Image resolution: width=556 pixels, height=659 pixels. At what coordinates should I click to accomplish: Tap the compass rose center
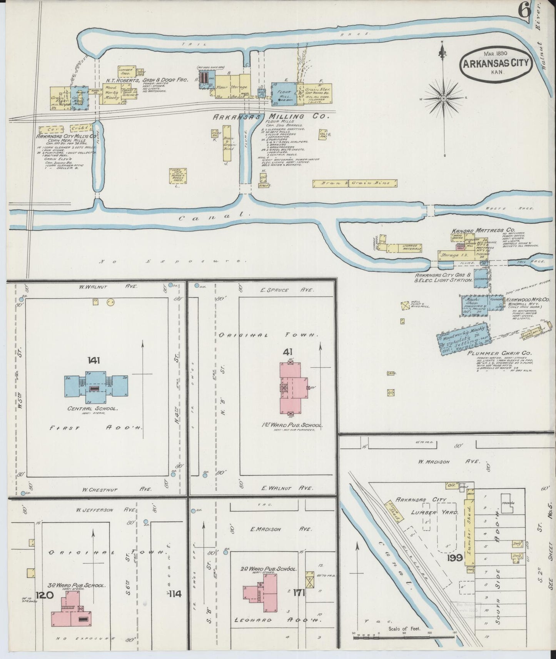point(443,99)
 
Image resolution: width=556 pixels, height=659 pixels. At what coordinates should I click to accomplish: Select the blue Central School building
point(96,384)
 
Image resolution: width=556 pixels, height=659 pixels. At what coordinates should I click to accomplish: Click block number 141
point(94,360)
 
